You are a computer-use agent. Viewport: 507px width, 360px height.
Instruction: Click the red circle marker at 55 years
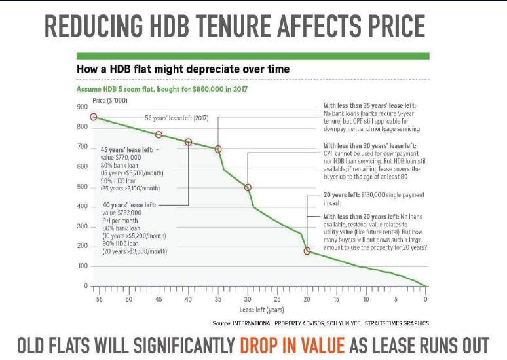tap(94, 117)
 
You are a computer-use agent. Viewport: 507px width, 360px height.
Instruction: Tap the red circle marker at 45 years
tap(159, 135)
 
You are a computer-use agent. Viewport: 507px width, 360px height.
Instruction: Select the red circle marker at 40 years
tap(189, 142)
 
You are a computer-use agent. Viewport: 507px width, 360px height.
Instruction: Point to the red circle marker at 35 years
tap(218, 149)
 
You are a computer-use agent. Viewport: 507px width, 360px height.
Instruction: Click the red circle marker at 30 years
tap(248, 187)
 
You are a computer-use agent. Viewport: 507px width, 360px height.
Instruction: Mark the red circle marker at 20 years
tap(307, 251)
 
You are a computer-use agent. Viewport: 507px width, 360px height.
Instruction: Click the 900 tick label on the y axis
tap(83, 106)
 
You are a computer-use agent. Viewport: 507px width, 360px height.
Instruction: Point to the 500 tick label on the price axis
tap(83, 187)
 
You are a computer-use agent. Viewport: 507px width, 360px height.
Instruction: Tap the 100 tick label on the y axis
tap(83, 266)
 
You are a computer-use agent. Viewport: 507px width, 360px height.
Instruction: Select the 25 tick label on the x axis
tap(277, 299)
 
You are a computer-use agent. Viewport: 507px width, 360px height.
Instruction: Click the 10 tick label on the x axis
tap(366, 299)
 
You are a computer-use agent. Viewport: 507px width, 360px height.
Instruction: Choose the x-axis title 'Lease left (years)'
tap(261, 309)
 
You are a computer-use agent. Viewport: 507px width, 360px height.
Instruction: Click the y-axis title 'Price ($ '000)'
tap(110, 100)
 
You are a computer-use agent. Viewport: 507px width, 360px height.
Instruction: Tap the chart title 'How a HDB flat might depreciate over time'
tap(183, 69)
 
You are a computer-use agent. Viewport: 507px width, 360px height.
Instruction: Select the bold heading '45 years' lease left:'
tap(127, 150)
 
